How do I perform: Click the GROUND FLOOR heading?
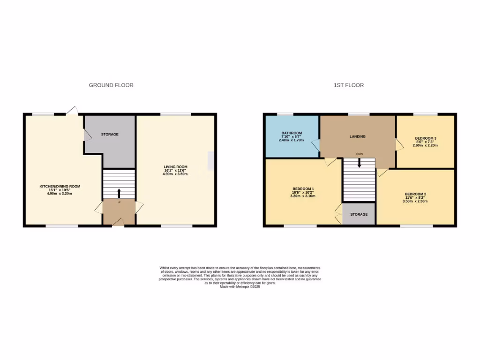click(111, 85)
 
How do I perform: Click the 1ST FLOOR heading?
click(348, 85)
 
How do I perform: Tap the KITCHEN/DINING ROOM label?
click(60, 187)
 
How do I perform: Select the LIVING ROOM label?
click(175, 167)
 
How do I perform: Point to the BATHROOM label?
click(292, 133)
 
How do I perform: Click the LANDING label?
click(357, 136)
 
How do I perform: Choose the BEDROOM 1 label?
click(303, 189)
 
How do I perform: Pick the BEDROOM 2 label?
click(415, 194)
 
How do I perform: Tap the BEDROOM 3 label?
click(426, 138)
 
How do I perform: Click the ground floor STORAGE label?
click(110, 135)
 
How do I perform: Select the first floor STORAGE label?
click(359, 214)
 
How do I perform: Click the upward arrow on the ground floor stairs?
click(119, 193)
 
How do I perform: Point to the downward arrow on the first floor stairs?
click(359, 163)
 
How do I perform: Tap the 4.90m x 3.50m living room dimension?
click(175, 174)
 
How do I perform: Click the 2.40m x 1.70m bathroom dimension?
click(292, 140)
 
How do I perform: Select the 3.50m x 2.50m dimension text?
click(415, 201)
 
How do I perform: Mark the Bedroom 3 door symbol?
click(399, 144)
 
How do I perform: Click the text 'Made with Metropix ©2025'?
click(240, 286)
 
